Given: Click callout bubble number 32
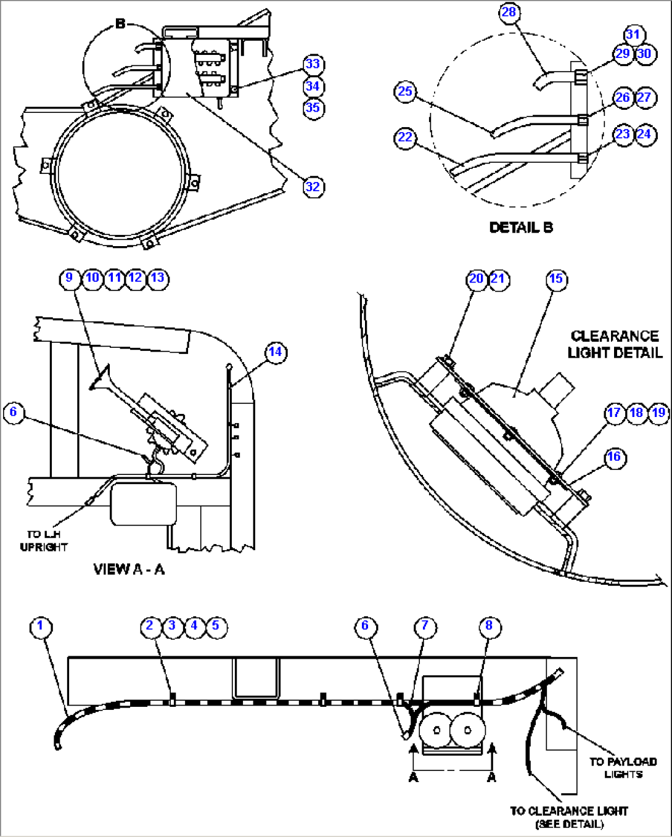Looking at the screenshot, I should (313, 187).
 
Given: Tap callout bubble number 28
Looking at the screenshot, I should (509, 13).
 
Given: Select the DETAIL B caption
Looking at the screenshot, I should (521, 228).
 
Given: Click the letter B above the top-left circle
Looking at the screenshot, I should (121, 24).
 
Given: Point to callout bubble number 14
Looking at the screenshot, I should (275, 352).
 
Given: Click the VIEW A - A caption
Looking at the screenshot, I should (129, 569).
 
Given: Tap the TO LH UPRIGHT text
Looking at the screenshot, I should (43, 540).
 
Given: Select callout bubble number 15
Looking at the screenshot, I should (556, 279).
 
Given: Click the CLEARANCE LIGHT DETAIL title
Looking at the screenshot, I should (614, 344).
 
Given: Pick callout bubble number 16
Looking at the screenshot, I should (614, 457).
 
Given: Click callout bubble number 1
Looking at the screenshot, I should (41, 626).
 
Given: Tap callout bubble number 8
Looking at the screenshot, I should (489, 626).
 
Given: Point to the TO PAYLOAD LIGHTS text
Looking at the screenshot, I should (623, 768).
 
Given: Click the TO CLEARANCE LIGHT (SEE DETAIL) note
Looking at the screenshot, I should (568, 817).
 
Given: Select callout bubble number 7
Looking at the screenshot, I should (425, 626).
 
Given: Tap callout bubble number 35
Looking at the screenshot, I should (313, 108).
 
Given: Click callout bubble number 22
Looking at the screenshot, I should (405, 137).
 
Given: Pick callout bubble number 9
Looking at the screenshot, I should (70, 278).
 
